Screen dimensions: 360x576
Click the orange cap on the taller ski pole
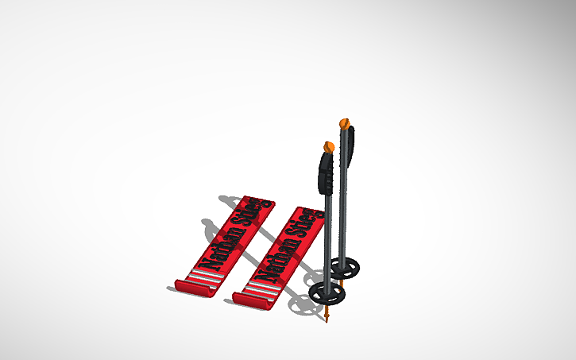coord(344,123)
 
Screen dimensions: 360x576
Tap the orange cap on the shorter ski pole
coord(328,147)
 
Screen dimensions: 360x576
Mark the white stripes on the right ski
coord(261,292)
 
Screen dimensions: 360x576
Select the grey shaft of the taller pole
coord(345,215)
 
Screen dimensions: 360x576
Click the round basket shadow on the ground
coord(300,306)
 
